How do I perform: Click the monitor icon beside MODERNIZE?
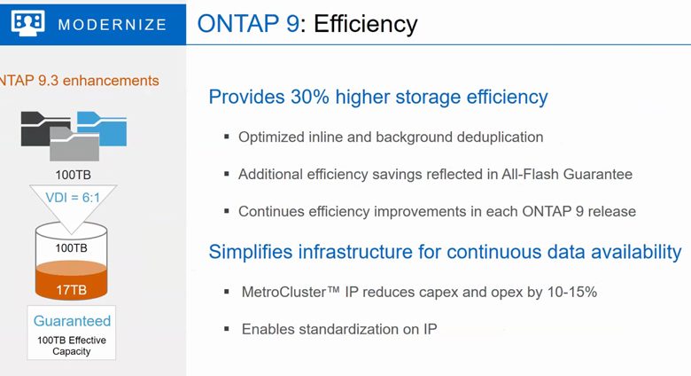click(x=27, y=23)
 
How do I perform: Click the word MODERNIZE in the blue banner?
click(x=113, y=25)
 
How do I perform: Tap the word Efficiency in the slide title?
click(x=365, y=24)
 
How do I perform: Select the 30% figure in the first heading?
click(x=309, y=97)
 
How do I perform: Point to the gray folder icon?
click(x=74, y=145)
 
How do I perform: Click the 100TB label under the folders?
click(x=74, y=175)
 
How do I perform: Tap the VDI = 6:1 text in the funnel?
click(x=73, y=198)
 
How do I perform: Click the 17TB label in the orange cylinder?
click(x=72, y=290)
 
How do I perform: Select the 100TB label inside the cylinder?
click(x=71, y=248)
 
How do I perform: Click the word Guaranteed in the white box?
click(x=72, y=321)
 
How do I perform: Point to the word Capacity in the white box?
click(x=72, y=352)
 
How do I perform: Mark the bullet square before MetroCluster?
click(x=227, y=291)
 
